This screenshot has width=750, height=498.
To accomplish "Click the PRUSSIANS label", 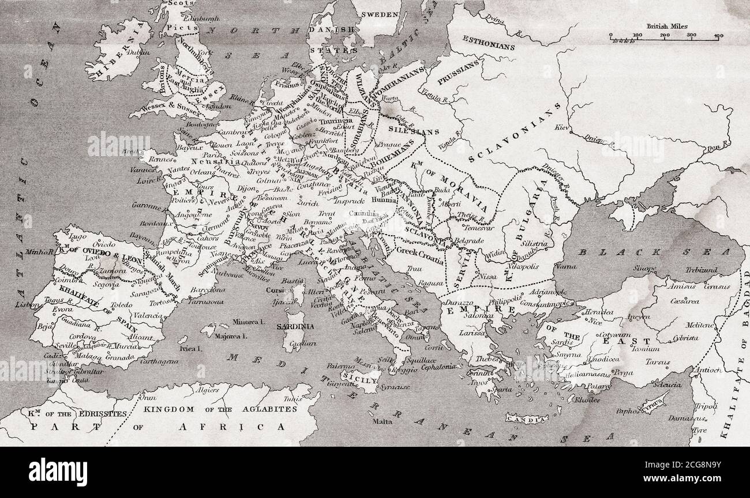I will point(459,73).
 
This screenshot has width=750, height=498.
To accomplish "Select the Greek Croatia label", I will point(419,251).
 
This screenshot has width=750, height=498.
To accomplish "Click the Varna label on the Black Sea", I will point(564,266).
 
